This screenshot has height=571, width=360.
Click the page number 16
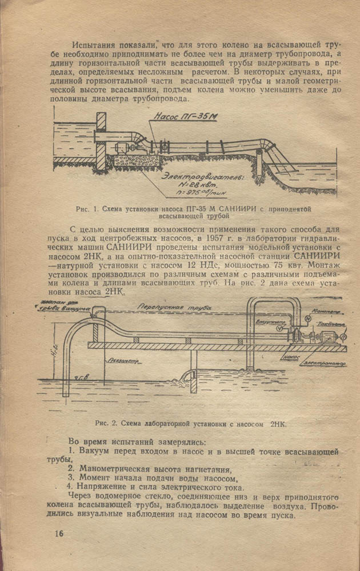(59, 533)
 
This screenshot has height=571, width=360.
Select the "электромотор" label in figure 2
(326, 361)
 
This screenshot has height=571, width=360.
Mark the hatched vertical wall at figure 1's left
(101, 140)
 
